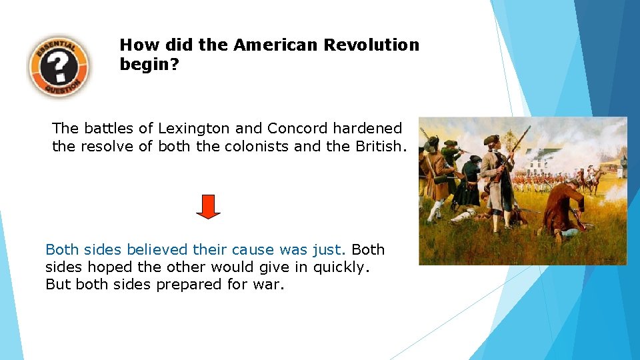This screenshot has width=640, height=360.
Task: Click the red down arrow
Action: point(208,207)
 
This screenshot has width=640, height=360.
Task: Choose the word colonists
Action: point(255,145)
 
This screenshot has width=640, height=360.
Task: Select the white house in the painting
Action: point(547,160)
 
